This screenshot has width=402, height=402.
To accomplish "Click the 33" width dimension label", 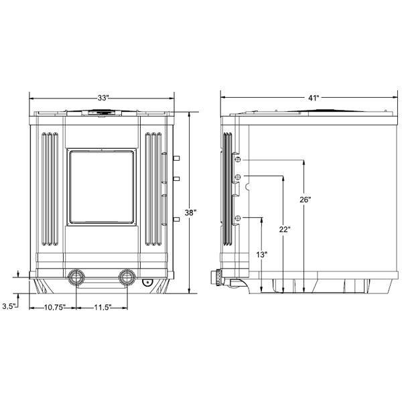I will click(x=103, y=98).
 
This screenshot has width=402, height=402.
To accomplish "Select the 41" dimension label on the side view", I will click(x=313, y=98).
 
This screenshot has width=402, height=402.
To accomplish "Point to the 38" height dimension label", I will click(x=191, y=213).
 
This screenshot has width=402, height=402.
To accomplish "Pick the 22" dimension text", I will click(x=284, y=229).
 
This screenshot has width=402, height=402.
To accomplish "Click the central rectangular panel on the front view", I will click(x=103, y=188).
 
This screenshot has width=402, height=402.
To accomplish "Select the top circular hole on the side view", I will click(x=237, y=161).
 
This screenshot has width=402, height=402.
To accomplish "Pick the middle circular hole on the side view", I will click(x=237, y=177).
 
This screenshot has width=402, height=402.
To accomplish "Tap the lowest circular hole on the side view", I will click(x=237, y=218).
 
